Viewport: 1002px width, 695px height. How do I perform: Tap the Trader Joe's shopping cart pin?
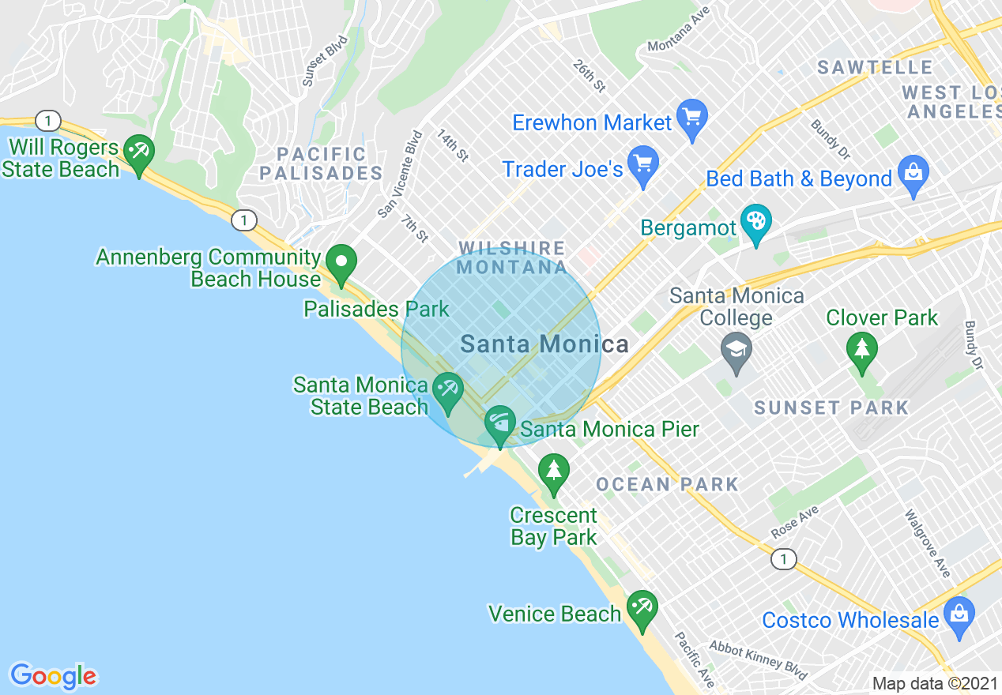tap(642, 166)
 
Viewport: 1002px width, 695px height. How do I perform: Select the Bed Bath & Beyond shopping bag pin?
tap(913, 176)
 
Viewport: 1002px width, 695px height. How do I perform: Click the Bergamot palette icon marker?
tap(756, 224)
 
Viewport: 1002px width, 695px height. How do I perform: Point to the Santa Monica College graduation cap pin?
tap(736, 353)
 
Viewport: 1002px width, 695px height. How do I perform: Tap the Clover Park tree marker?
tap(861, 352)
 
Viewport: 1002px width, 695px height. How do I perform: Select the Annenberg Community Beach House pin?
tap(341, 265)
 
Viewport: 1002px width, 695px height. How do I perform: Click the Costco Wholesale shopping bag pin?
tap(959, 617)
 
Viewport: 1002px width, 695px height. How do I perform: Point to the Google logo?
tap(53, 676)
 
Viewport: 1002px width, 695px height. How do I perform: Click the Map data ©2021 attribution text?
tap(935, 683)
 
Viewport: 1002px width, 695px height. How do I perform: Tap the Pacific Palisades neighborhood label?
tap(322, 163)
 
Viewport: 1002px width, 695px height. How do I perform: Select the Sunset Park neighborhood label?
tap(831, 408)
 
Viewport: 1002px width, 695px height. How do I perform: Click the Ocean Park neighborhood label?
tap(668, 484)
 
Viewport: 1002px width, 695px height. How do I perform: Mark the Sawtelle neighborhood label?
tap(875, 67)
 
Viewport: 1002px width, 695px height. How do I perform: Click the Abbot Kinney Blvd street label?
tap(758, 659)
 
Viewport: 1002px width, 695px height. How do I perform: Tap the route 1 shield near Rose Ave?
tap(782, 559)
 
